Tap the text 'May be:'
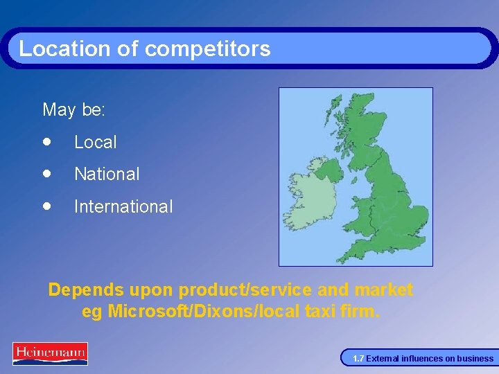74,109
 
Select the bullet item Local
96,142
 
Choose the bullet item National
107,174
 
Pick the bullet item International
123,206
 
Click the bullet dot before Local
46,141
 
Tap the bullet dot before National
46,173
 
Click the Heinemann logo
50,353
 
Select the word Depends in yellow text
85,290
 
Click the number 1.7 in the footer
358,359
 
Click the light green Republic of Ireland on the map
304,202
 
